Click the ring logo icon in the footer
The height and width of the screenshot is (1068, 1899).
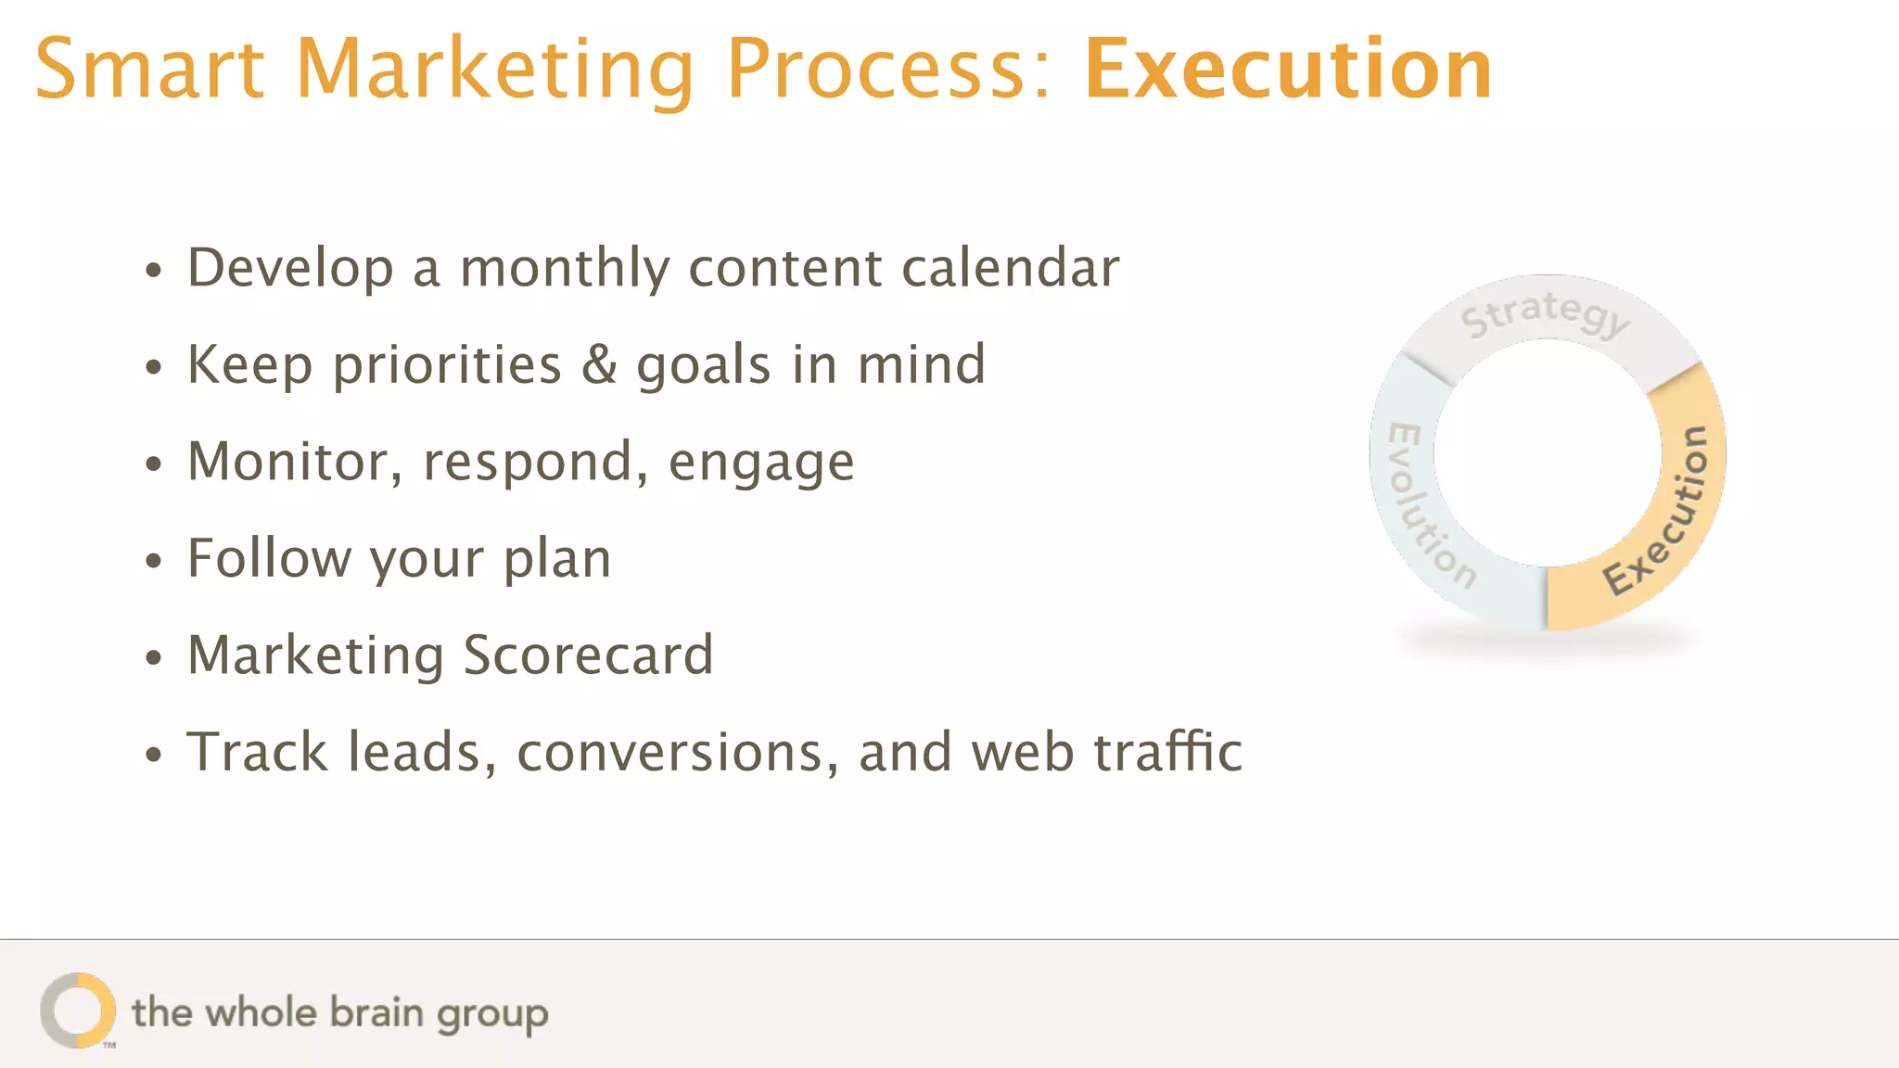(78, 1011)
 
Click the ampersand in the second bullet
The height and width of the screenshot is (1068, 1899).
(599, 364)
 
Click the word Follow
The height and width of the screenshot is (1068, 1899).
(269, 558)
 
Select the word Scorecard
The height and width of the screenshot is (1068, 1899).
(588, 655)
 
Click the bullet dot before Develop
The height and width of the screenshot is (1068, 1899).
(154, 271)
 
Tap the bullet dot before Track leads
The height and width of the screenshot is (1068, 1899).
(154, 755)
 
